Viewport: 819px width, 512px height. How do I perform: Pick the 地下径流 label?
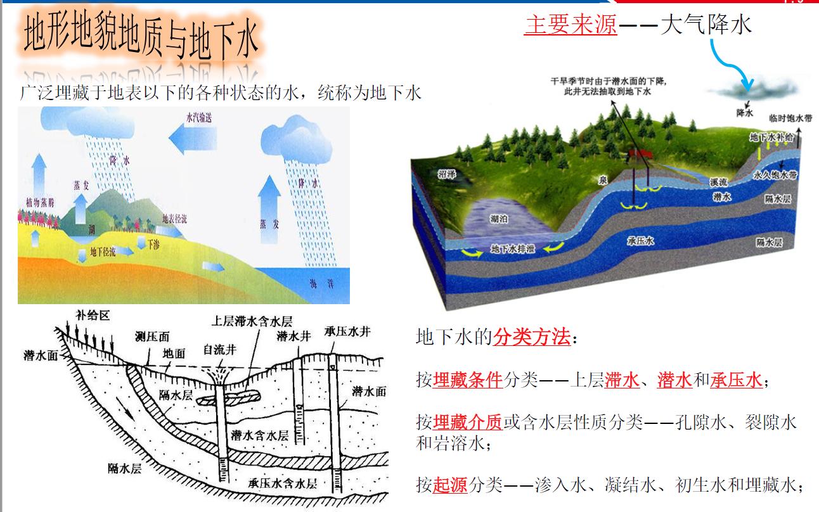click(103, 252)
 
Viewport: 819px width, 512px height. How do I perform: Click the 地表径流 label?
click(176, 219)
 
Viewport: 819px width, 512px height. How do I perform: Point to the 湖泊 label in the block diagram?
click(500, 219)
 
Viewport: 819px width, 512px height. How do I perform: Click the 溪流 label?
click(718, 182)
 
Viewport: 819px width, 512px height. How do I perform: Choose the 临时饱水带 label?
click(790, 118)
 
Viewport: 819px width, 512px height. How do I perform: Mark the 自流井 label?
click(219, 349)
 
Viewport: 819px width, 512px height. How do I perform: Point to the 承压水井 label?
click(347, 332)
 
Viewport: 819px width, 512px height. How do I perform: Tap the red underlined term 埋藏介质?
click(468, 421)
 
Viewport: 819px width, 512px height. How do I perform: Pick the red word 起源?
click(450, 485)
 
